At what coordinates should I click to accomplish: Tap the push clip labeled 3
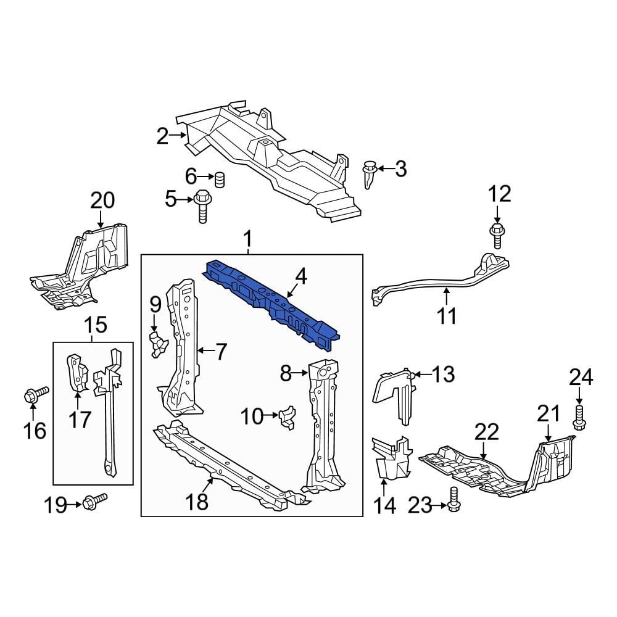pos(370,173)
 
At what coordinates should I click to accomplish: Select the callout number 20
pos(103,201)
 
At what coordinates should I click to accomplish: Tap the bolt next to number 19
pos(96,499)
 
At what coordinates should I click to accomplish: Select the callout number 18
pos(199,503)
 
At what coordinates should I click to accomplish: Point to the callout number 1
pos(248,238)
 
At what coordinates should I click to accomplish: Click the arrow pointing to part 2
pos(180,135)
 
